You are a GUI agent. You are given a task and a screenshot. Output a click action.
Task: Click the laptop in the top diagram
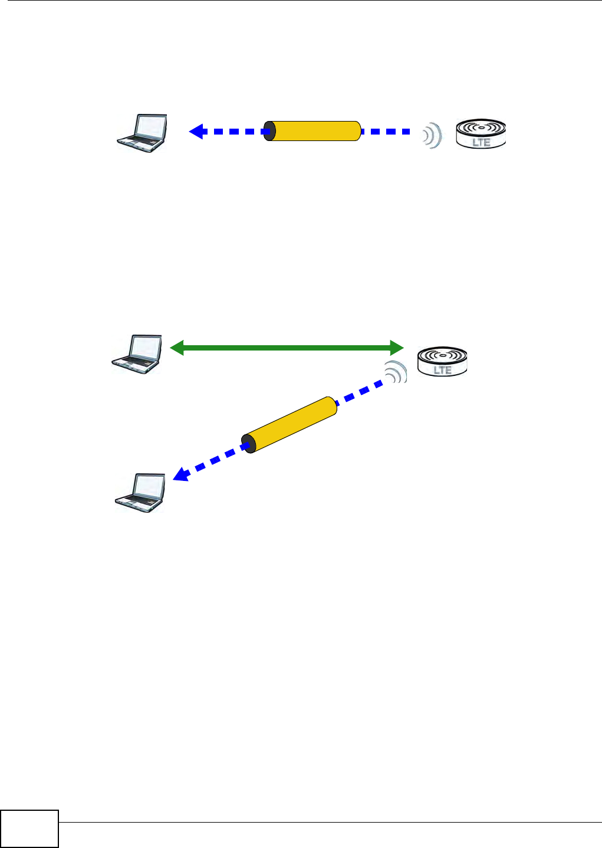coord(142,133)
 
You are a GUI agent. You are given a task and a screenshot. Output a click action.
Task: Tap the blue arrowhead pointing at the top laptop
coord(197,131)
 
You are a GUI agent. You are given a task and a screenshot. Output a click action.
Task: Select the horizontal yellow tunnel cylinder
coord(315,131)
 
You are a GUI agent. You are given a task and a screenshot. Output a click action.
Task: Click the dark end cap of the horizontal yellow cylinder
coord(269,131)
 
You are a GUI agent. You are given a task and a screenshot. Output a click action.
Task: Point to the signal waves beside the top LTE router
coord(432,135)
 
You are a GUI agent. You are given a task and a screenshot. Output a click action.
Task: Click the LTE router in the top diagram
coord(481,133)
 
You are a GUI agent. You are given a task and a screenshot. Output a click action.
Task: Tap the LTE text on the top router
coord(481,142)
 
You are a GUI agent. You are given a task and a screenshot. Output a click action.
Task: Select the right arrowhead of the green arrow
coord(396,348)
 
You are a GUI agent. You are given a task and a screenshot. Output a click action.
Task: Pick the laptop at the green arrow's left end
coord(137,354)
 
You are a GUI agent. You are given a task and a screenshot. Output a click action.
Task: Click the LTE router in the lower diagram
coord(442,362)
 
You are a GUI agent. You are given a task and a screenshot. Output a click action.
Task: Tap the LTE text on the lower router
coord(442,370)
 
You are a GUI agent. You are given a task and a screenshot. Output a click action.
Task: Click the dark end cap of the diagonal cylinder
coord(250,444)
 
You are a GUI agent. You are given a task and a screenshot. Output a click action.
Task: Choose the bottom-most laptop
coord(140,492)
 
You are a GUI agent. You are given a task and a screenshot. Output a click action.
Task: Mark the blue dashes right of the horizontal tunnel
coord(386,131)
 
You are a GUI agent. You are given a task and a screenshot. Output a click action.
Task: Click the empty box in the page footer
coord(29,829)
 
